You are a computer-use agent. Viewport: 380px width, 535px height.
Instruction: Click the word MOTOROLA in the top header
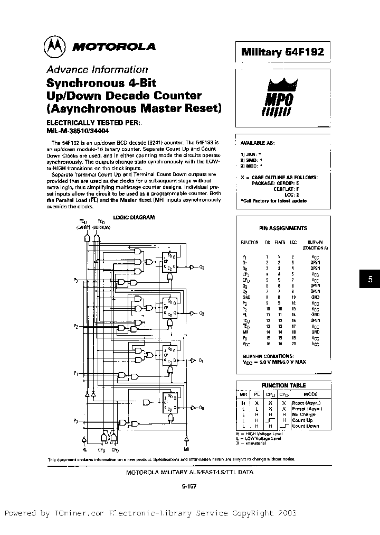click(113, 47)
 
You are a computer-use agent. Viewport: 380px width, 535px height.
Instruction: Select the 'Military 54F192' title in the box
click(282, 52)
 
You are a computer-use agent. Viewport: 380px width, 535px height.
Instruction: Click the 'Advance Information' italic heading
click(97, 69)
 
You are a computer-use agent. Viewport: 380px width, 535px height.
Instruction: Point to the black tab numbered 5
click(370, 280)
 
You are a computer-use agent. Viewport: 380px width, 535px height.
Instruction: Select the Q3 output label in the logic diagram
click(202, 267)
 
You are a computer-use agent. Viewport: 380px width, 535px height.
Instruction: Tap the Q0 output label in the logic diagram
click(202, 408)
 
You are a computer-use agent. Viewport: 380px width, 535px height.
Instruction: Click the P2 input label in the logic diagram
click(77, 327)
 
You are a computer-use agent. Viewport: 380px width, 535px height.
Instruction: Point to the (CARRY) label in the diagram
click(84, 226)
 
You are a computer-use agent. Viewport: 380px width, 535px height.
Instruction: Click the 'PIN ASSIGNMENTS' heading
click(283, 228)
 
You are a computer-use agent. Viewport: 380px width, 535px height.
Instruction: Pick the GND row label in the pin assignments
click(246, 297)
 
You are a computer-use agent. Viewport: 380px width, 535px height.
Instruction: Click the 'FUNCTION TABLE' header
click(283, 385)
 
